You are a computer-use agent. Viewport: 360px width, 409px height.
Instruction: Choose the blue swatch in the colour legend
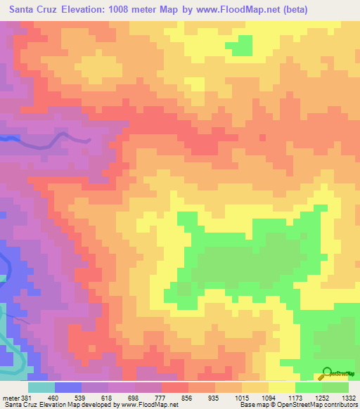coord(68,387)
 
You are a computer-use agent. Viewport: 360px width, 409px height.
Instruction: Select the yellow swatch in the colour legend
coord(281,387)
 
